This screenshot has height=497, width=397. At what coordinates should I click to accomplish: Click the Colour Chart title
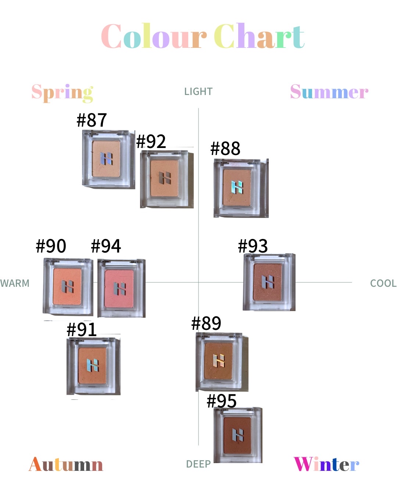pos(203,36)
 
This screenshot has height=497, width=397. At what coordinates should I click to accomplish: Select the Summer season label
pos(329,92)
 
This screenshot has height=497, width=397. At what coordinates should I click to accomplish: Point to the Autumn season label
pos(66,464)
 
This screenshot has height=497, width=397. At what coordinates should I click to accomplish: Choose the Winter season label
pos(326,464)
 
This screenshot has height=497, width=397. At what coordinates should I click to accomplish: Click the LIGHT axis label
pos(198,92)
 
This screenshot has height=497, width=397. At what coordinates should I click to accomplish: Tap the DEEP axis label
pos(198,464)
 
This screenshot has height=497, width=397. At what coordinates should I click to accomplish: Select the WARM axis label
pos(15,283)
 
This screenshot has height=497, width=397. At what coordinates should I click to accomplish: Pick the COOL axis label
pos(383,283)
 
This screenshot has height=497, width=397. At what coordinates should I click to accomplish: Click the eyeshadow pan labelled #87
pos(107,159)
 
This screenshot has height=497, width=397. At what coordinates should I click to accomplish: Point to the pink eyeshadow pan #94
pos(120,288)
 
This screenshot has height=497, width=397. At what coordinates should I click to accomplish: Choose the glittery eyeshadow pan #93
pos(268,282)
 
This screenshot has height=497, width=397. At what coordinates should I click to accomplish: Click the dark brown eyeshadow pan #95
pos(238,435)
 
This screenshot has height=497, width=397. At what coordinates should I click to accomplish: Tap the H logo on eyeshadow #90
pos(68,286)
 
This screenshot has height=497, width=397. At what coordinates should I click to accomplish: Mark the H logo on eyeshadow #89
pos(219,360)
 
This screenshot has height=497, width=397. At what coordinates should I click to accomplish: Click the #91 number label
pos(82,329)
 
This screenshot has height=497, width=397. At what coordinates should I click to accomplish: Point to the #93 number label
pos(253,246)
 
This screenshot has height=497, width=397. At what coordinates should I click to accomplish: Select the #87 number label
pos(92,120)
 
